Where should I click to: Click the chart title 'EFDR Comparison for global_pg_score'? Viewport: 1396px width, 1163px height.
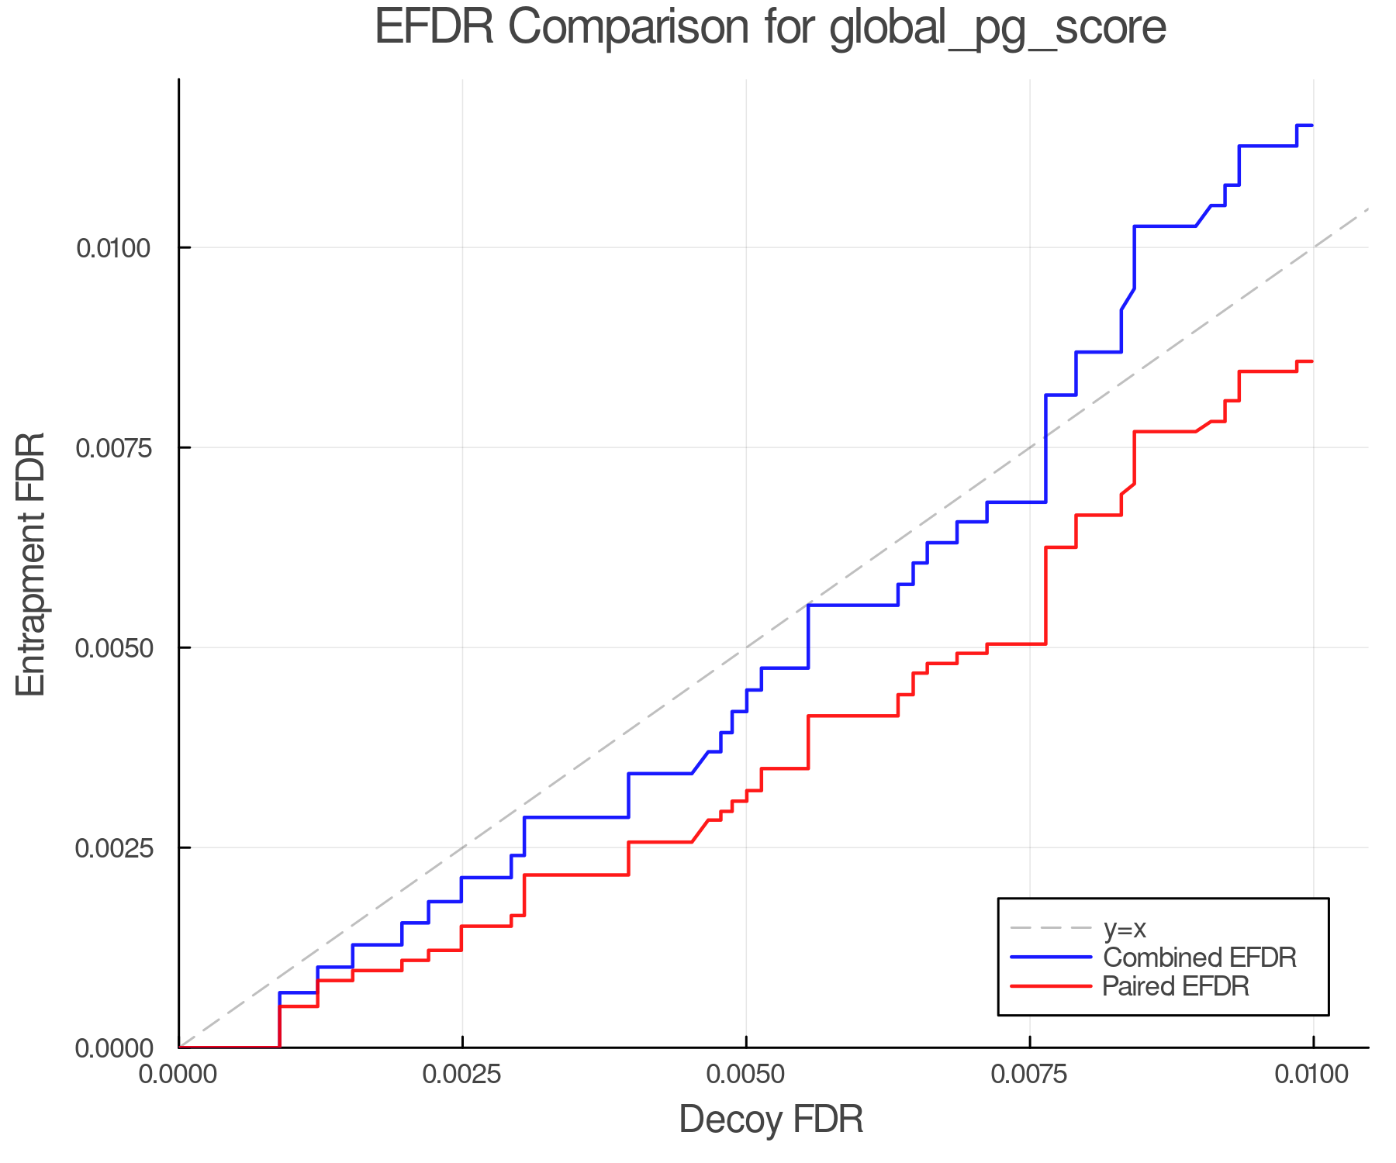click(770, 28)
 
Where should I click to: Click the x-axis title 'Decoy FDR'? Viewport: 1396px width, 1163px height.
click(771, 1120)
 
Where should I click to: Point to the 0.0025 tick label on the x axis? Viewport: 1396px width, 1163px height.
click(462, 1075)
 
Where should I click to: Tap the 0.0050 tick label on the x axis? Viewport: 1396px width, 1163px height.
click(746, 1075)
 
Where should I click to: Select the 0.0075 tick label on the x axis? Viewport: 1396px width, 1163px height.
click(1030, 1075)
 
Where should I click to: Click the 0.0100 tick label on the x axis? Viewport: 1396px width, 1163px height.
click(1313, 1075)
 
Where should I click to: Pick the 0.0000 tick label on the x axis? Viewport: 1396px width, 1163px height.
click(179, 1075)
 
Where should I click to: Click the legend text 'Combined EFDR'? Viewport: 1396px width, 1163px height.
click(1199, 958)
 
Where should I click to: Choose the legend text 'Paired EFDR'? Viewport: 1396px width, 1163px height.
click(1176, 986)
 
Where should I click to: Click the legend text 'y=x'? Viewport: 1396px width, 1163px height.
click(1125, 928)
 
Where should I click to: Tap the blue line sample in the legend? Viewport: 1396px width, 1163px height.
click(1051, 958)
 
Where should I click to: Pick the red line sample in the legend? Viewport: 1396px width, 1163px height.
click(1051, 986)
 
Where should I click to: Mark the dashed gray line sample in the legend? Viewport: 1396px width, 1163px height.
click(1051, 928)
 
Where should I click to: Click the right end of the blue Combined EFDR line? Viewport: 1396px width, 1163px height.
click(1312, 125)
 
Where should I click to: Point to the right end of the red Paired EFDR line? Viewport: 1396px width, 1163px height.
click(1312, 361)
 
